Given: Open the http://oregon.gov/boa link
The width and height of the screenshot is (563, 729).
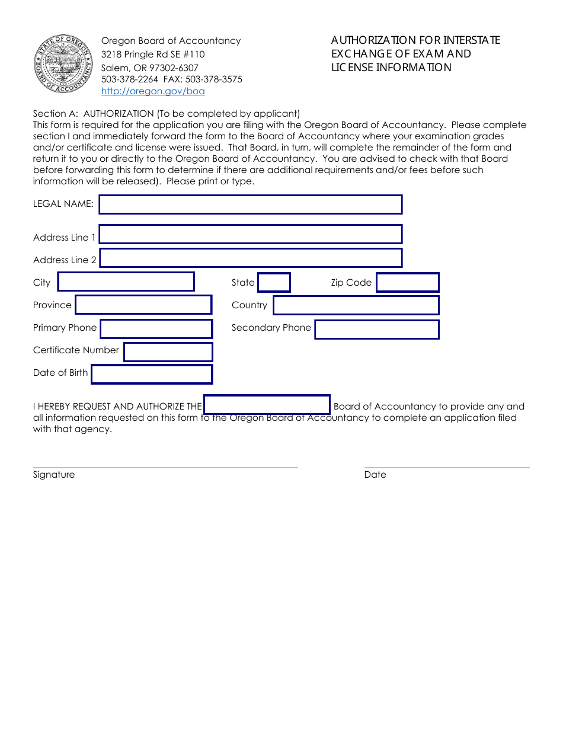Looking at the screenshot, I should [153, 91].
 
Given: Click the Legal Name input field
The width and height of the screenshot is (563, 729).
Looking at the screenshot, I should [250, 204].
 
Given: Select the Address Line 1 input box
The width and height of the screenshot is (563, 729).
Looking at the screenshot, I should [250, 234].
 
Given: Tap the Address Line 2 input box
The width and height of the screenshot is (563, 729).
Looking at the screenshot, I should [250, 258].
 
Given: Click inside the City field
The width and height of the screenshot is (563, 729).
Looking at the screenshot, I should [126, 282].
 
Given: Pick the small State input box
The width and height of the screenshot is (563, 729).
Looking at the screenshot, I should [274, 282].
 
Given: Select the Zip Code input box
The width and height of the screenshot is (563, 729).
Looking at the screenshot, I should [408, 282].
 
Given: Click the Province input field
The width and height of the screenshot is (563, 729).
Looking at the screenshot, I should [143, 305].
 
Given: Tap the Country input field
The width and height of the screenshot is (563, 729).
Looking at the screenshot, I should [356, 305].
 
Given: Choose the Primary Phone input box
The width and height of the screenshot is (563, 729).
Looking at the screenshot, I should [156, 329].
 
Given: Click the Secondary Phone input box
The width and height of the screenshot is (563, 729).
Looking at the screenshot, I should [376, 330].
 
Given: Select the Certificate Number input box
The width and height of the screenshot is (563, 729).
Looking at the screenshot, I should [168, 351].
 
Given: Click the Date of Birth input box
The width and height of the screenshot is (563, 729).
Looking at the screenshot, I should [152, 374].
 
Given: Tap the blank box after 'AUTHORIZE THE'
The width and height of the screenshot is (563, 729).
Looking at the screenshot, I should [267, 404].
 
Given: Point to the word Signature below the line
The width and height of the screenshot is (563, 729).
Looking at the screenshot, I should [54, 475].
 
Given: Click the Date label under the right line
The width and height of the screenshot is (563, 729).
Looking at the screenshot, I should [375, 475].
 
